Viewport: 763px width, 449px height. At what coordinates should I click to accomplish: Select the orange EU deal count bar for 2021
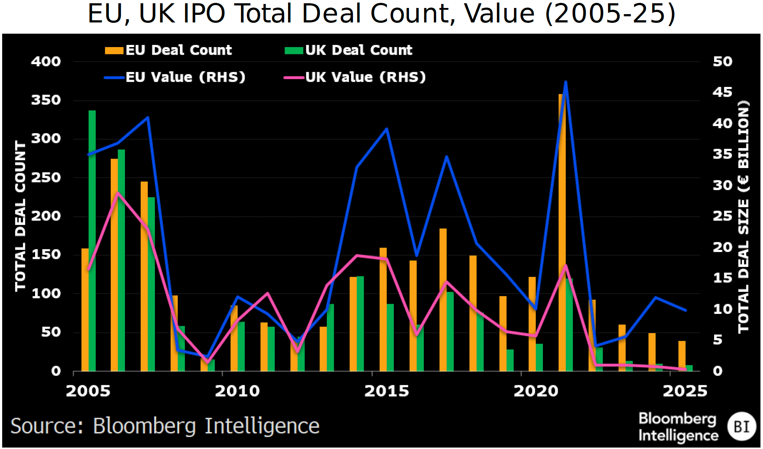coord(561,232)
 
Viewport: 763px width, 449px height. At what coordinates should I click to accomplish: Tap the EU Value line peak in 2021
coord(566,83)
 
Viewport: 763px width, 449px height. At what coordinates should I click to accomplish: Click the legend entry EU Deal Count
coord(169,50)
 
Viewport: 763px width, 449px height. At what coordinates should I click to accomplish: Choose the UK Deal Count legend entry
coord(349,50)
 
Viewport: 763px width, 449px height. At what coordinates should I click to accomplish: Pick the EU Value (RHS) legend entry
coord(175,77)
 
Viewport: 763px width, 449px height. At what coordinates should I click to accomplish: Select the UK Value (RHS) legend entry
coord(355,77)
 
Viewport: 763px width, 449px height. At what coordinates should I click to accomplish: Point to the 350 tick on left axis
coord(46,100)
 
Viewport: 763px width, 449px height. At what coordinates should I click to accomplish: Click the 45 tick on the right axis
coord(722,92)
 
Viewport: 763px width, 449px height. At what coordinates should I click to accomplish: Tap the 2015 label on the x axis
coord(387,391)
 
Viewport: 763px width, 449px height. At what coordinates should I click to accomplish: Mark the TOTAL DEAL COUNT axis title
coord(20,216)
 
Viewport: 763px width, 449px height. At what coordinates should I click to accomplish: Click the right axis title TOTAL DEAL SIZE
coord(743,216)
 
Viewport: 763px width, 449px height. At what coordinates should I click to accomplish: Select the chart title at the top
coord(381,14)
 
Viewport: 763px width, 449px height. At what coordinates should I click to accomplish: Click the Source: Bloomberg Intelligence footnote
coord(165,426)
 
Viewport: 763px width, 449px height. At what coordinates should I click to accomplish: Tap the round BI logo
coord(742,426)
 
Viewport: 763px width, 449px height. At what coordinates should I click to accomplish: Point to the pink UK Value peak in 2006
coord(117,193)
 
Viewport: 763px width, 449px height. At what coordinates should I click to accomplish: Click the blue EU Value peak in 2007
coord(148,118)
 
